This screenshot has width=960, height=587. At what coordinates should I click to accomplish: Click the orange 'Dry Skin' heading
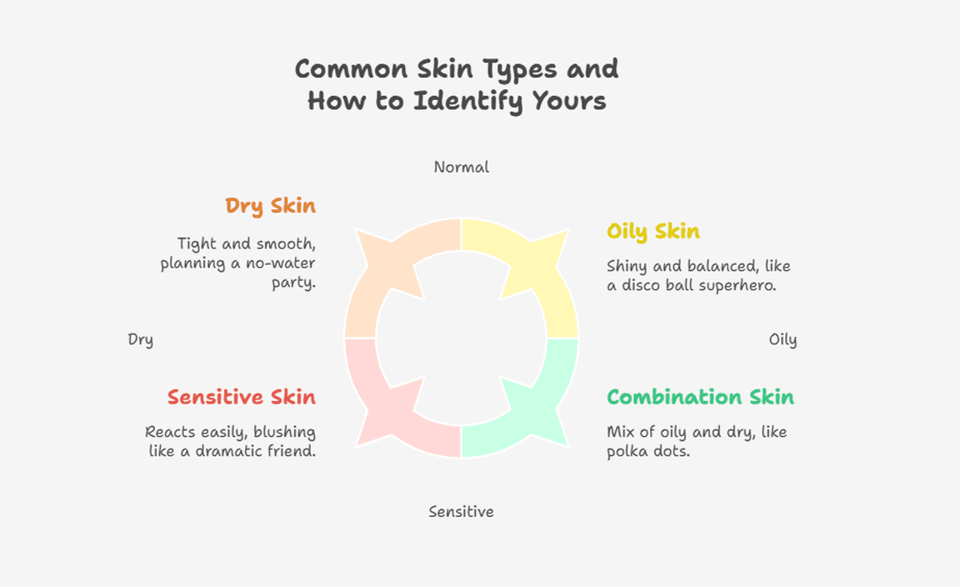270,206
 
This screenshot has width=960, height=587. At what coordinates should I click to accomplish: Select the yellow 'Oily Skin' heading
653,232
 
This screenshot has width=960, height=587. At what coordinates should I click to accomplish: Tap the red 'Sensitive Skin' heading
241,397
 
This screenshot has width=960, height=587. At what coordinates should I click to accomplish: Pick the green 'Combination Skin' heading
700,397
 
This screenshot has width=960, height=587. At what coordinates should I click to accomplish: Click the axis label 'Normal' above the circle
461,168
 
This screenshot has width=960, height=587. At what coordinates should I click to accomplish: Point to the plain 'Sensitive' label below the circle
461,512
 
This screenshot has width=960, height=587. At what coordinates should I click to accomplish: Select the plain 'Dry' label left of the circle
140,340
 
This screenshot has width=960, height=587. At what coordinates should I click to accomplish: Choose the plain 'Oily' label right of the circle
782,340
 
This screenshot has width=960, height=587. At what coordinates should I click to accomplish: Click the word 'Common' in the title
351,68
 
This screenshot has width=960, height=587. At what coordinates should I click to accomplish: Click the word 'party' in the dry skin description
293,283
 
